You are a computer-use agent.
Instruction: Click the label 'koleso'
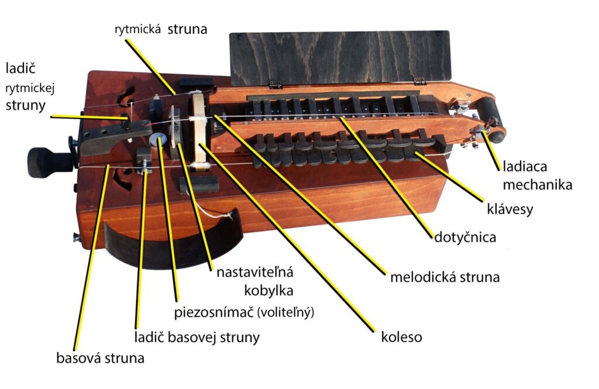[401, 337]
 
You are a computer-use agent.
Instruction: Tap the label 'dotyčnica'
[465, 237]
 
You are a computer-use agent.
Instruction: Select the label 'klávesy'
[510, 209]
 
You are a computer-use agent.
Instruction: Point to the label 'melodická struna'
[445, 277]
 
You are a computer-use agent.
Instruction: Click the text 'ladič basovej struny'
[197, 337]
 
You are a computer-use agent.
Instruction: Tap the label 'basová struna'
[100, 358]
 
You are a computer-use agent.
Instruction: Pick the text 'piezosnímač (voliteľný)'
[244, 312]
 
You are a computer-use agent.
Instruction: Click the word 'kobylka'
[268, 291]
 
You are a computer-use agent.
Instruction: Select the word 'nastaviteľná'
[255, 272]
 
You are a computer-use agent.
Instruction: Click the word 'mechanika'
[537, 185]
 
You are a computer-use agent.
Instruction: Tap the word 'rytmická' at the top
[137, 29]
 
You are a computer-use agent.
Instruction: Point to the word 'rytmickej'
[30, 89]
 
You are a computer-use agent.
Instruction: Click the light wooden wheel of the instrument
[199, 129]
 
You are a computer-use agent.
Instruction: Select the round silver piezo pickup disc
[158, 139]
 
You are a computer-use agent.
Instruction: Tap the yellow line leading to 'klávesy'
[450, 177]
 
